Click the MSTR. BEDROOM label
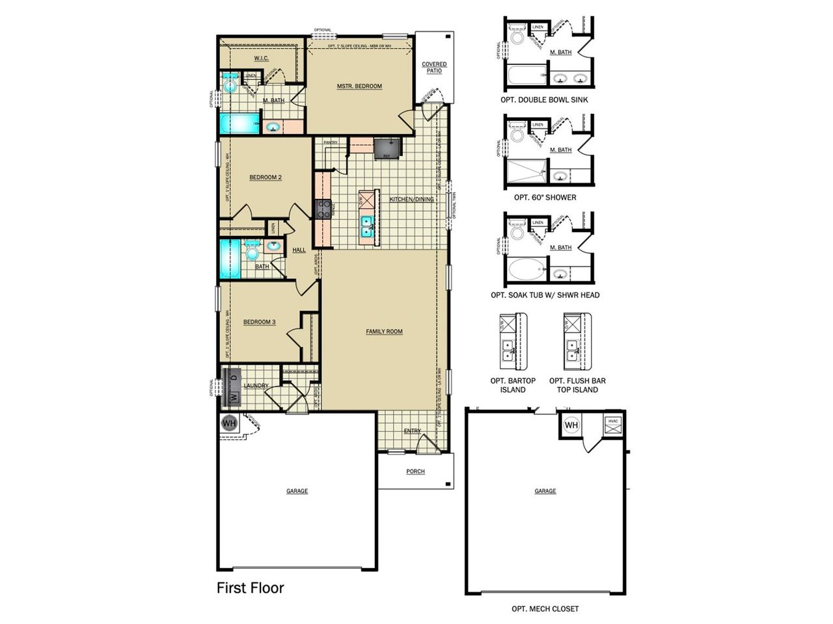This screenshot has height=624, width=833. [x=359, y=86]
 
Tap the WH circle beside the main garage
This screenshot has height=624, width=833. [x=229, y=422]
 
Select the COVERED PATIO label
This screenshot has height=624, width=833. [x=434, y=68]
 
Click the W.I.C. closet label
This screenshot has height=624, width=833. [x=261, y=58]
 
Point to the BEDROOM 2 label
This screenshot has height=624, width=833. [x=266, y=177]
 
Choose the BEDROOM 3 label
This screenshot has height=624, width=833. [x=259, y=322]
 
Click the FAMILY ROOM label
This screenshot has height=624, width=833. [x=384, y=331]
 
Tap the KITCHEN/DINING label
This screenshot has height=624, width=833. [x=411, y=199]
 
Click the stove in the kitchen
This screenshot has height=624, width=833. [x=323, y=209]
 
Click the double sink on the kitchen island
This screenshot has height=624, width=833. [x=368, y=225]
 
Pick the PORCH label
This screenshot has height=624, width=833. [x=415, y=471]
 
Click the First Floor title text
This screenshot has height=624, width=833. [x=251, y=588]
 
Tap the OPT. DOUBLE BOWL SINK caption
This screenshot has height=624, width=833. [x=544, y=100]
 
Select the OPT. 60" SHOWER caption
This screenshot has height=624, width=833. [x=545, y=198]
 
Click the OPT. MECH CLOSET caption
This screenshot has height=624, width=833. [x=545, y=609]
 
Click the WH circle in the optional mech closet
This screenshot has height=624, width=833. [x=571, y=426]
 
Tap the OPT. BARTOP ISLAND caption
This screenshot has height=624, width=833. [x=513, y=385]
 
